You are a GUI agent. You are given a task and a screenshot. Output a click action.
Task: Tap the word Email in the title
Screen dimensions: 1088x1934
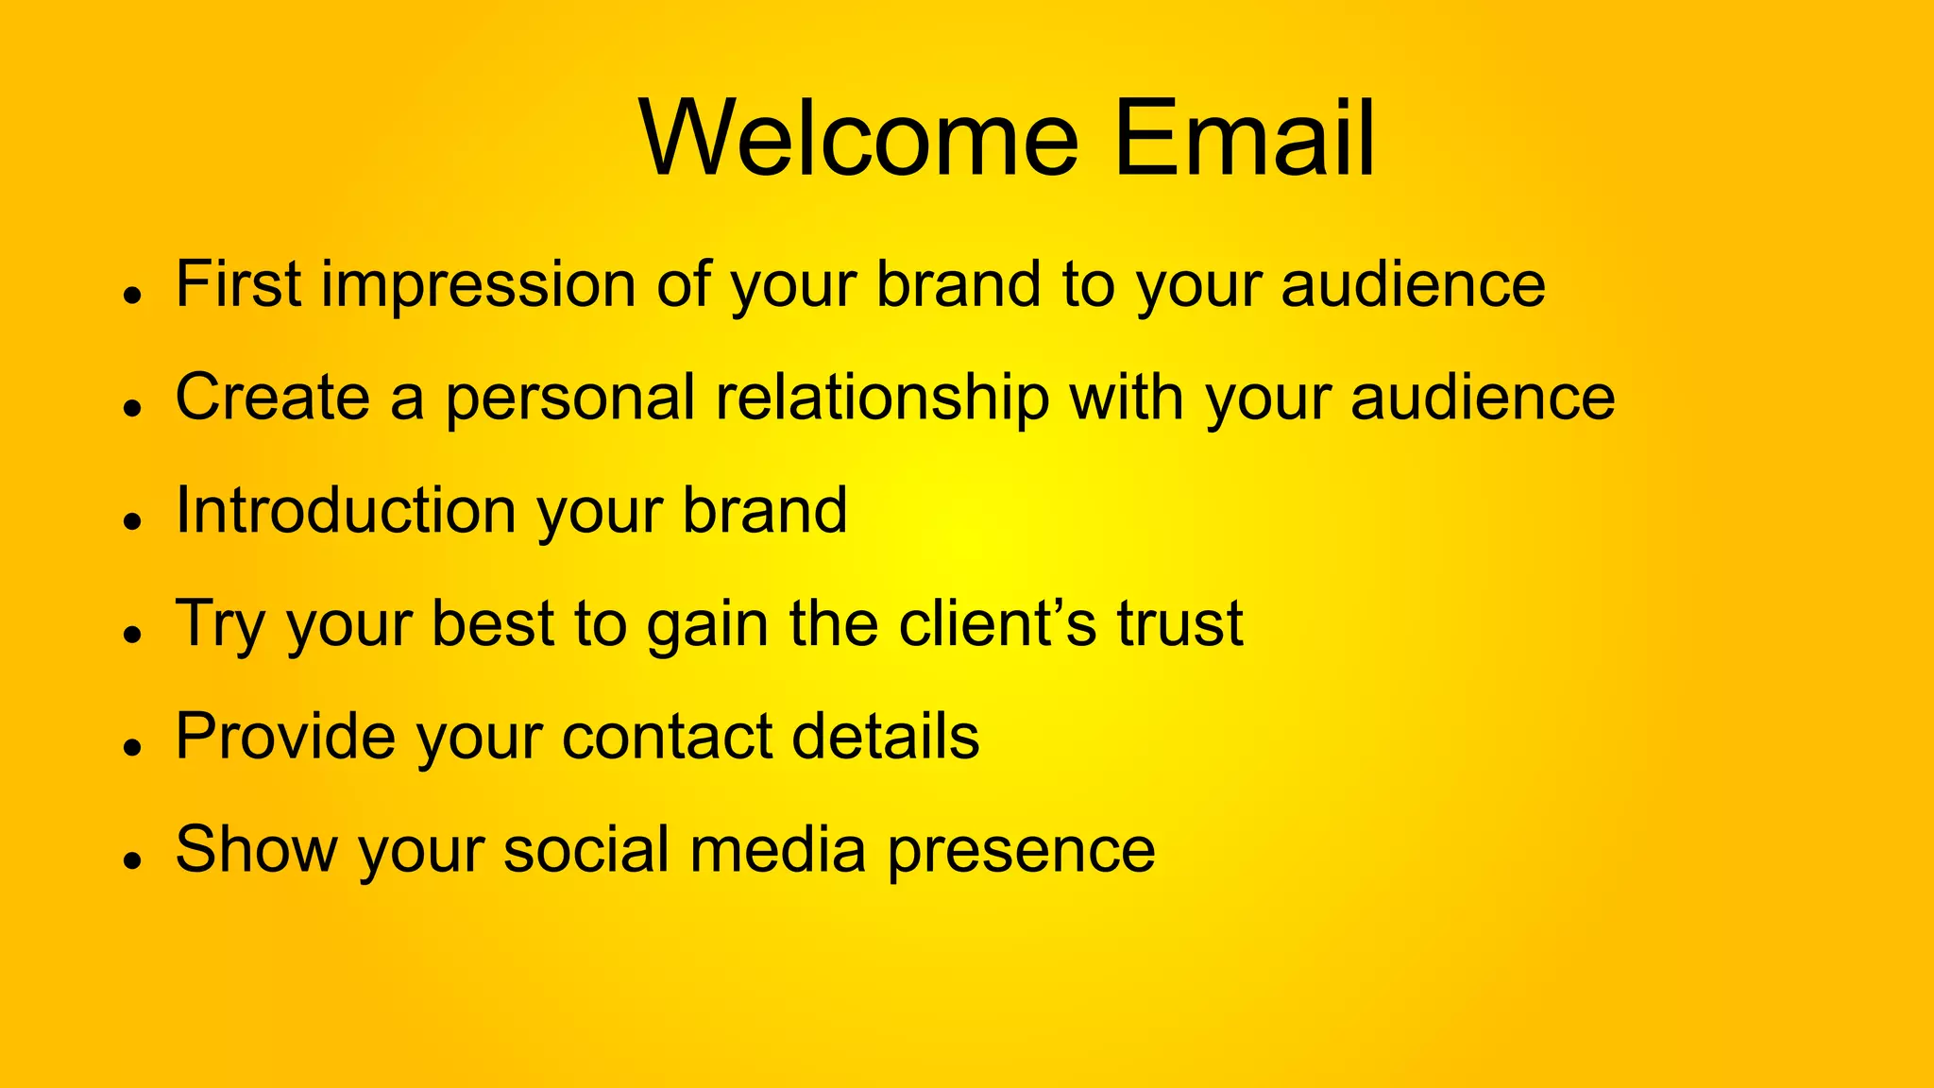(x=1244, y=139)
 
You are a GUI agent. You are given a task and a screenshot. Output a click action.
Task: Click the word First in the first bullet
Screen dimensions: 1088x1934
(x=238, y=284)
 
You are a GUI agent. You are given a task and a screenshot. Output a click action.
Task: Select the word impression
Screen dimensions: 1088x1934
(x=479, y=286)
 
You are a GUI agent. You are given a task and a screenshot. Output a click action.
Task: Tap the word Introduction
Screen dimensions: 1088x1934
(x=347, y=511)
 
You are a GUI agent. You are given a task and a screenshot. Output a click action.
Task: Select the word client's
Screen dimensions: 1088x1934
(x=997, y=623)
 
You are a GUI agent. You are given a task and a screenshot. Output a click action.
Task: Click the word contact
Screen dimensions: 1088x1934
(x=667, y=738)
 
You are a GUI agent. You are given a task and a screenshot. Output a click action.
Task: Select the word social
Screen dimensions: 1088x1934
(x=586, y=850)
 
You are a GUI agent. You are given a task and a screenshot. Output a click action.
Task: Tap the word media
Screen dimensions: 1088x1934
(x=777, y=850)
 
